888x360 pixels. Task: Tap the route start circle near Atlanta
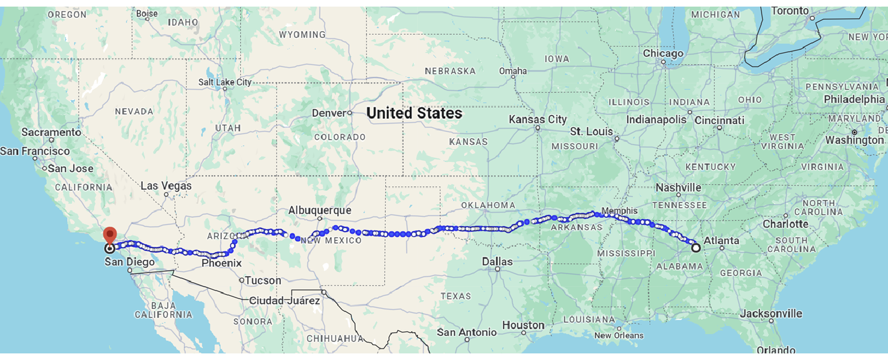point(695,247)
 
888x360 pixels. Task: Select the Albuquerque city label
point(319,211)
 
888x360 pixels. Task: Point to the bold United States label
point(414,113)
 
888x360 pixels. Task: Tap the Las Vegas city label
point(166,186)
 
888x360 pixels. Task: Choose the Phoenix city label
point(221,263)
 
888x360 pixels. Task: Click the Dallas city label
point(497,262)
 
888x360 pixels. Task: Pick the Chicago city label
point(663,53)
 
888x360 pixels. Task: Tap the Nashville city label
point(678,188)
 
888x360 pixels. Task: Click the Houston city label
point(523,325)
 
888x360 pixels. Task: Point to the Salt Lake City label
point(226,82)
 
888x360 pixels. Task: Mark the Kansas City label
point(538,119)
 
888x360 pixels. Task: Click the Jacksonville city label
point(771,313)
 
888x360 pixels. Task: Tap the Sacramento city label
point(51,132)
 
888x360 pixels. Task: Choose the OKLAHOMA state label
point(488,205)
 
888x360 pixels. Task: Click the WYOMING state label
point(302,35)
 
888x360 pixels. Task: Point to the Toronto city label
point(790,11)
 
